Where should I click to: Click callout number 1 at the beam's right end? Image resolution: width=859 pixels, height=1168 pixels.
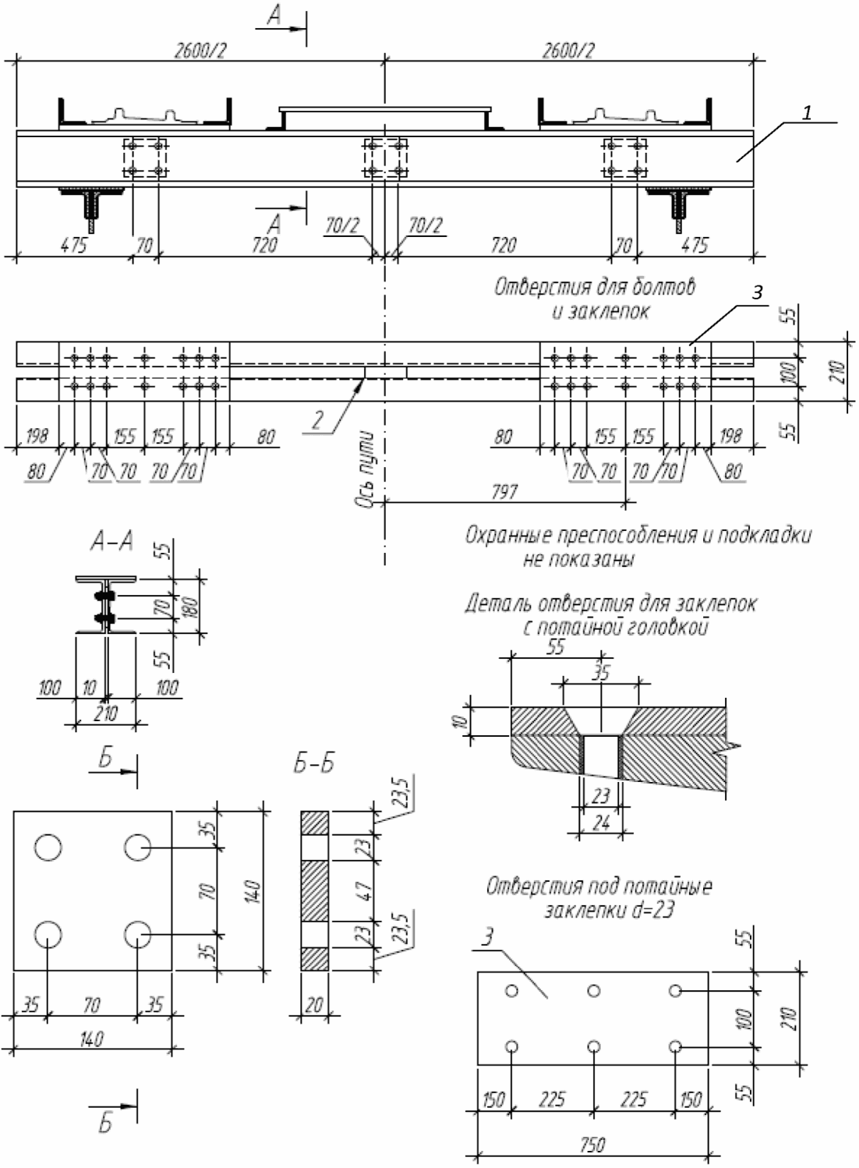[x=807, y=112]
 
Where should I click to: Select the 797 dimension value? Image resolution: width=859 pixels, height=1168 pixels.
[x=504, y=492]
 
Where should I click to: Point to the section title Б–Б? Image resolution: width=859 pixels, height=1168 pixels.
[x=314, y=764]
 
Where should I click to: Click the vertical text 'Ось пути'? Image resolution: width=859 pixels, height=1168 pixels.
[x=366, y=469]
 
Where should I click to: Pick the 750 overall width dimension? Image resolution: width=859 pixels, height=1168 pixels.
[x=592, y=1145]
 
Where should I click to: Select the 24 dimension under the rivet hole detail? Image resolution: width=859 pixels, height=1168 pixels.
[x=601, y=823]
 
